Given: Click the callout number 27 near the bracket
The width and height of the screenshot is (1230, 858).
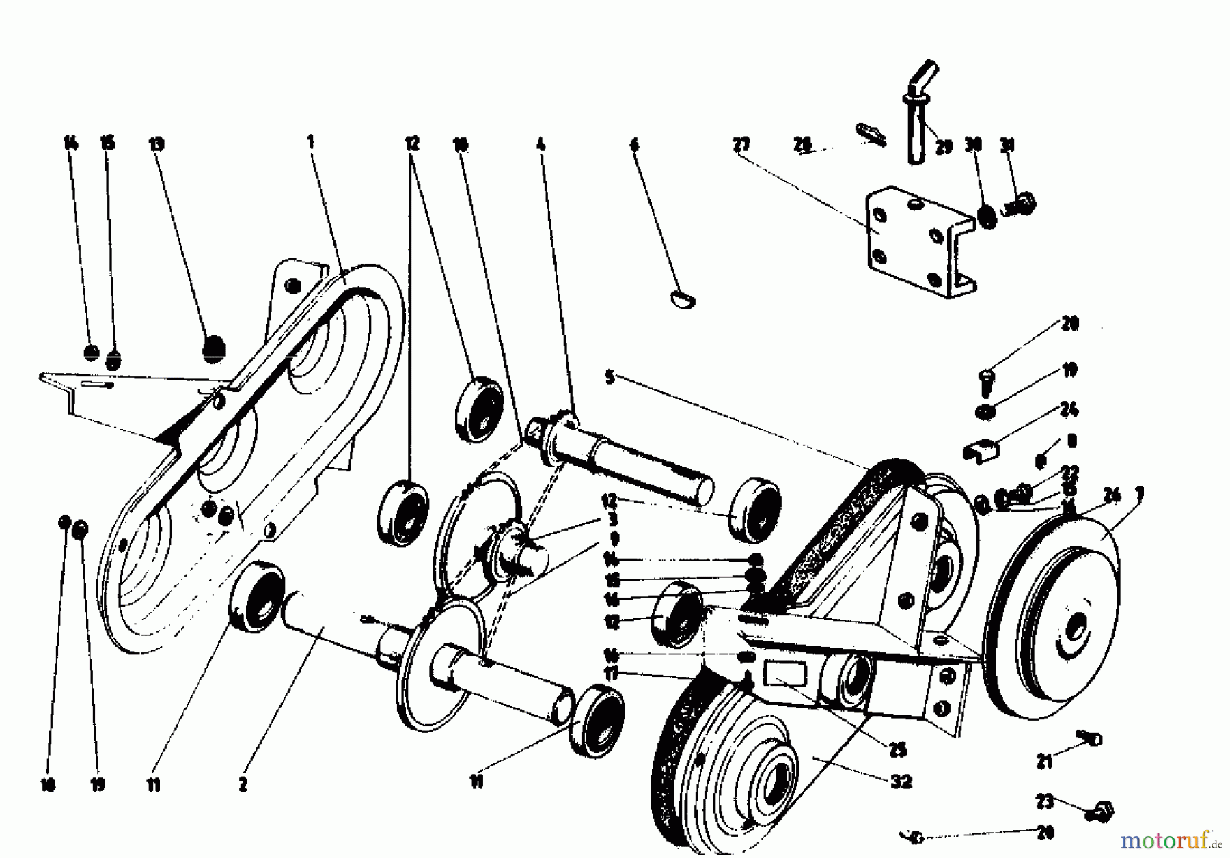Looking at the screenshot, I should click(x=741, y=145).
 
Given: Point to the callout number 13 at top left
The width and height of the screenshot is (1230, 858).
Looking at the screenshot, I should click(x=156, y=144).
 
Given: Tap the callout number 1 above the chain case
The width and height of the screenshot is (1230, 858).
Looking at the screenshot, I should click(x=311, y=142).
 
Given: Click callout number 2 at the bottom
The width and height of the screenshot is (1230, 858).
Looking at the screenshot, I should click(x=243, y=786).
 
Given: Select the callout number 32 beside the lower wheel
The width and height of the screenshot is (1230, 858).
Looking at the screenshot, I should click(x=902, y=781).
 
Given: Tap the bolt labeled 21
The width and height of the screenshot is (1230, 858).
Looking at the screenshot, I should click(x=1090, y=738).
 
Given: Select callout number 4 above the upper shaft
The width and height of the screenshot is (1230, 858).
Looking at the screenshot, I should click(x=541, y=144).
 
